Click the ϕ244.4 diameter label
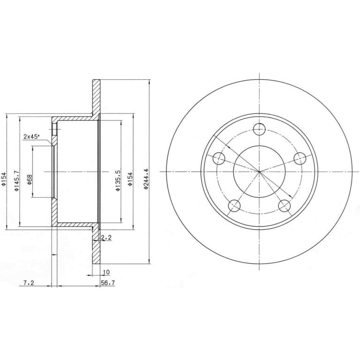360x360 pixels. pos(146,179)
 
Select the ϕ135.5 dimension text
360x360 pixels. pos(118,180)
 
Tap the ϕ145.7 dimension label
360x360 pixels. pos(16,180)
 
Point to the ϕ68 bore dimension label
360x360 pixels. pos(30,180)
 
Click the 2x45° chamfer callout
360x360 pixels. pos(31,136)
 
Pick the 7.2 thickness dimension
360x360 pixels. pos(29,283)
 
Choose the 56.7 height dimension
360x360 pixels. pos(108,283)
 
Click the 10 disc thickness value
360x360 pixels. pos(106,272)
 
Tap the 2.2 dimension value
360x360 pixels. pos(106,238)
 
